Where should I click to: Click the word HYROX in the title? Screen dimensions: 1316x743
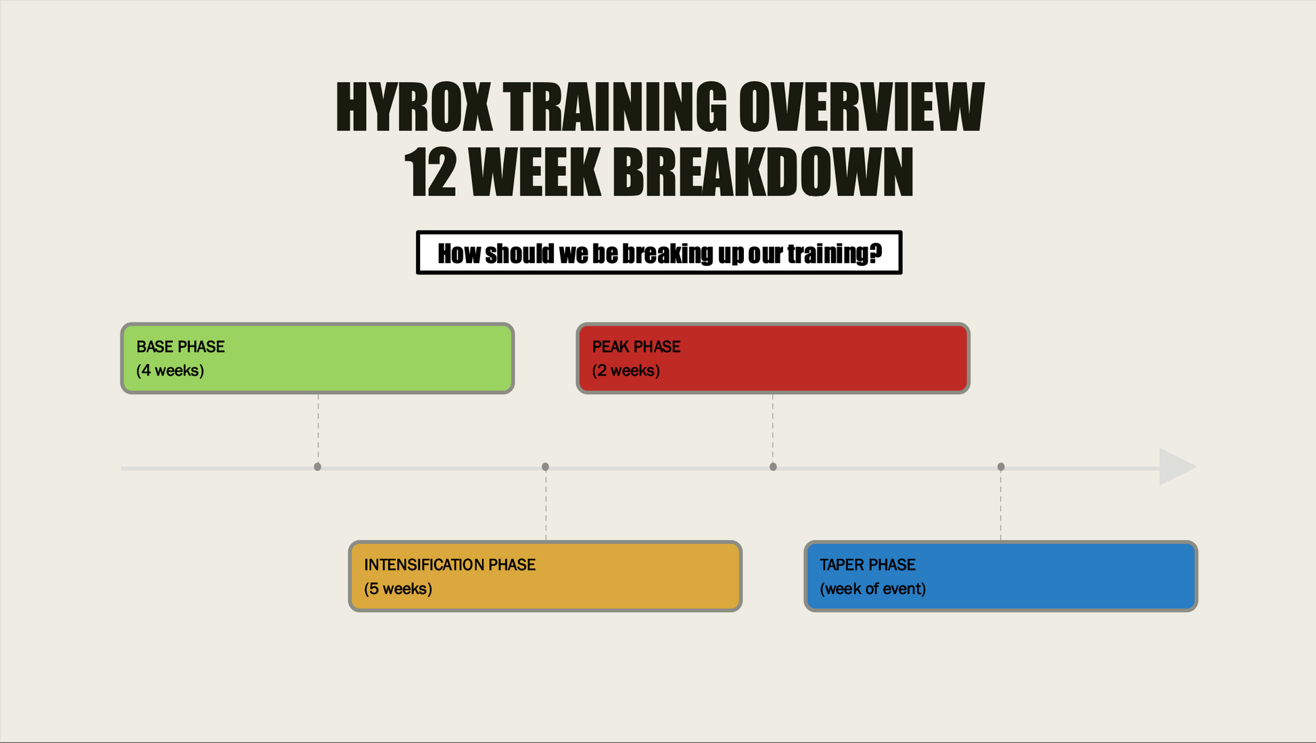[x=414, y=107]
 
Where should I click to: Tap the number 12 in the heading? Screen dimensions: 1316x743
[x=429, y=173]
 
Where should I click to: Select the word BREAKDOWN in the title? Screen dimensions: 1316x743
[x=763, y=173]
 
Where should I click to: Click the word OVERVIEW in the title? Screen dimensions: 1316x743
[x=861, y=107]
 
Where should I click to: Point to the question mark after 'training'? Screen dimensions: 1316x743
[x=876, y=253]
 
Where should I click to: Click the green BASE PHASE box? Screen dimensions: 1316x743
[x=317, y=358]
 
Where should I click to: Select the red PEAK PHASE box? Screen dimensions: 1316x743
[x=773, y=358]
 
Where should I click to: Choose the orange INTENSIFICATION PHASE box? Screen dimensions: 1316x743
[x=545, y=576]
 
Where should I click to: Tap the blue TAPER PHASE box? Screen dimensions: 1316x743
[x=1001, y=576]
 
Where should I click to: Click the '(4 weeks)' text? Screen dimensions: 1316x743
[x=170, y=371]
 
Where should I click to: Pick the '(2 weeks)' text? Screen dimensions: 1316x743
[x=626, y=371]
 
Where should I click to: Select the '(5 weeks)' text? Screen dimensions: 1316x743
[x=398, y=589]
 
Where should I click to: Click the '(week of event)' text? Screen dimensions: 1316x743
[x=873, y=589]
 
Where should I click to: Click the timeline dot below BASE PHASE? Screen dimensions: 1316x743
[x=318, y=467]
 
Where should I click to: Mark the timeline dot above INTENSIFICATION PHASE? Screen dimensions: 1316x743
[x=546, y=467]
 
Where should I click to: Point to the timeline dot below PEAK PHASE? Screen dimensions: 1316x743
[x=773, y=467]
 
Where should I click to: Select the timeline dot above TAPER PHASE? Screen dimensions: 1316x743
[x=1001, y=467]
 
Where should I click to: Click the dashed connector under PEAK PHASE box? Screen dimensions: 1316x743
[x=773, y=428]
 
